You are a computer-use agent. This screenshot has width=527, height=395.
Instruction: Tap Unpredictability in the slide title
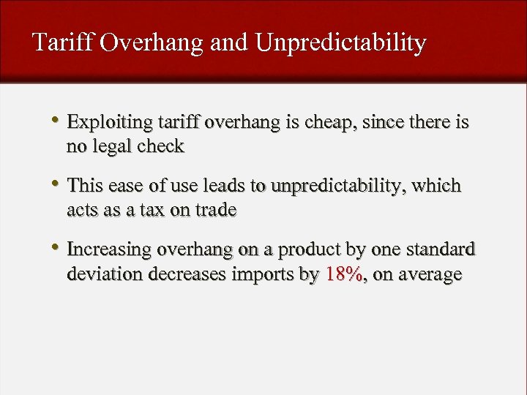point(340,43)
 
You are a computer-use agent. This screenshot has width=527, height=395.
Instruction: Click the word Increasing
point(109,250)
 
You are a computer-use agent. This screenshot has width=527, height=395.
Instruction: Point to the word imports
point(264,274)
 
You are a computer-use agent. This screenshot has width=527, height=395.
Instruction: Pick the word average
point(430,275)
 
